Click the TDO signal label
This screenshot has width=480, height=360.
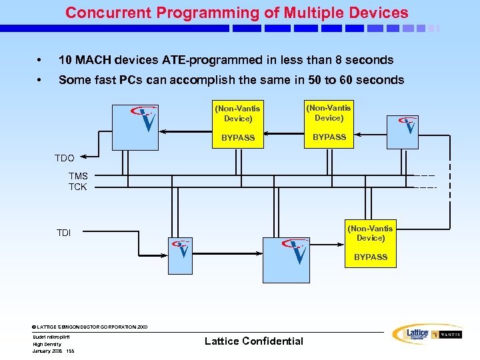click(64, 159)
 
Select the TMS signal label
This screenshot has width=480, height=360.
click(78, 176)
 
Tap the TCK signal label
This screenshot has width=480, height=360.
click(78, 187)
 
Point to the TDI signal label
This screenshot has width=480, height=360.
click(63, 233)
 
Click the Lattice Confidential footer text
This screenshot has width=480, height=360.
click(253, 341)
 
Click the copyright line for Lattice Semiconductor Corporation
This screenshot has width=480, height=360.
click(90, 327)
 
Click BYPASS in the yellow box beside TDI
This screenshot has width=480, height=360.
click(371, 257)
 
